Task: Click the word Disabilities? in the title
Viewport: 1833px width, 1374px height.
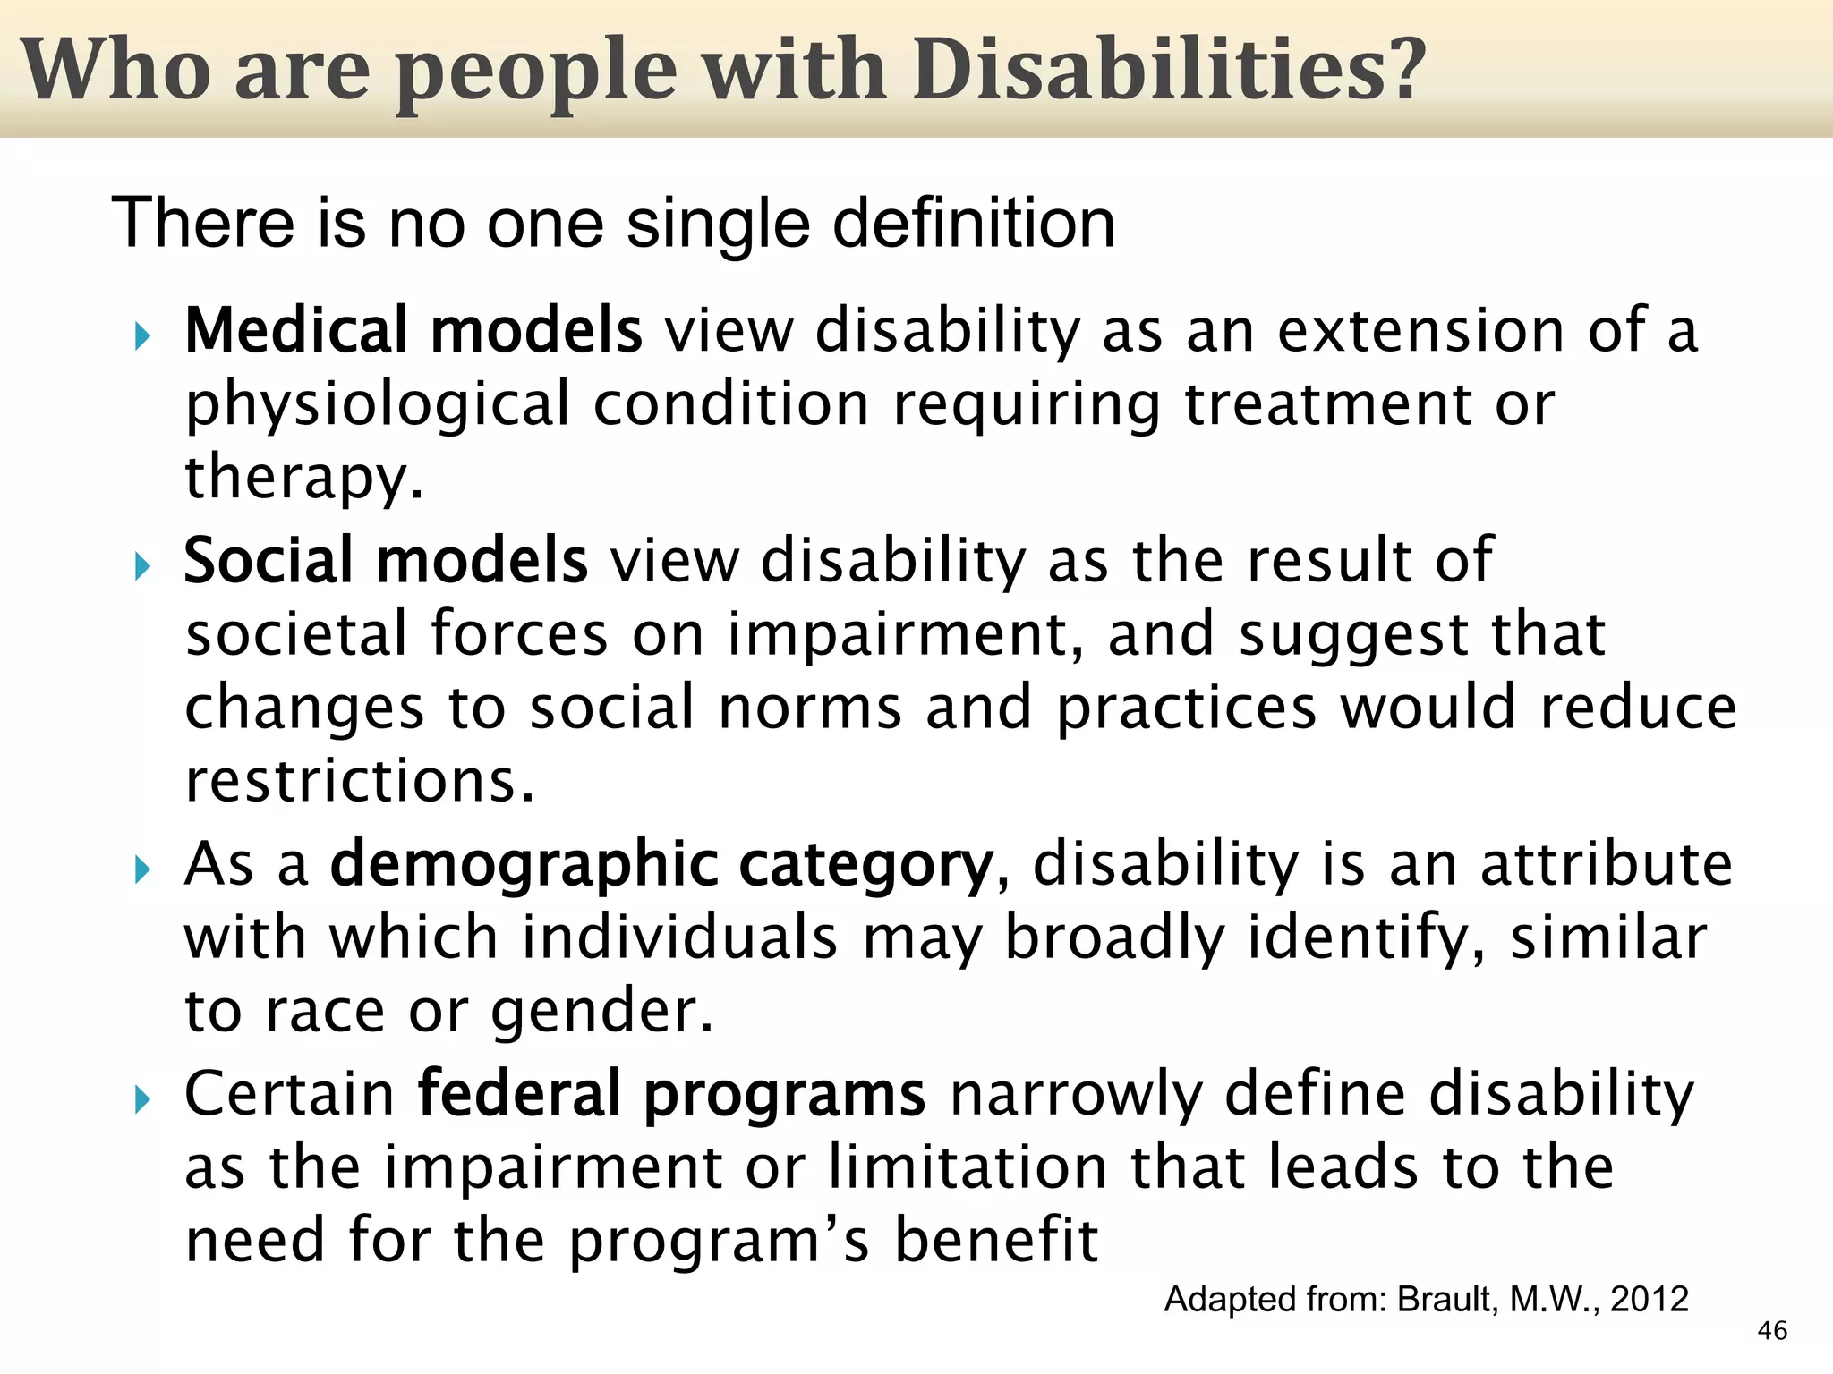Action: [x=1168, y=70]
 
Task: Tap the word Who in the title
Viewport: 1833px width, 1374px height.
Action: [x=116, y=70]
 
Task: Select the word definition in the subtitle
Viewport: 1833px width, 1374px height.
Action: [x=974, y=223]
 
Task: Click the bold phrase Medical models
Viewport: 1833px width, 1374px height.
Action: [x=413, y=330]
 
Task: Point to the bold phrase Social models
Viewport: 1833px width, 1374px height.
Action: [x=385, y=561]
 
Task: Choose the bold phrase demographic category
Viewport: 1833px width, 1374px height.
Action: [x=661, y=865]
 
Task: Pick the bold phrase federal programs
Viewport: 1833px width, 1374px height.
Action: [x=671, y=1094]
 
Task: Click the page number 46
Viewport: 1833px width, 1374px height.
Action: [x=1771, y=1330]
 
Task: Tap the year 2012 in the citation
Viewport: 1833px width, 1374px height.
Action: [x=1649, y=1299]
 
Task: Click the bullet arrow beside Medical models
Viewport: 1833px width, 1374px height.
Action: [x=142, y=336]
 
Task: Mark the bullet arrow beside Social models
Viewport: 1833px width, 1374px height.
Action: [x=142, y=566]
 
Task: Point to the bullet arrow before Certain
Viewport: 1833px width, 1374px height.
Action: [x=142, y=1099]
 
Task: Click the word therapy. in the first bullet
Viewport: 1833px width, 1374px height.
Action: [x=304, y=478]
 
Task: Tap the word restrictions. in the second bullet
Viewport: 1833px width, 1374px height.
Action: [x=359, y=781]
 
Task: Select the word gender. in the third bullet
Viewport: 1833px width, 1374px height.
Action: [x=602, y=1012]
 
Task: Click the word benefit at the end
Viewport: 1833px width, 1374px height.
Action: [x=995, y=1241]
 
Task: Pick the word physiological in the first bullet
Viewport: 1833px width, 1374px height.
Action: [x=377, y=405]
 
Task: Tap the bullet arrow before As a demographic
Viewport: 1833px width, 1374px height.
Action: [x=142, y=869]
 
